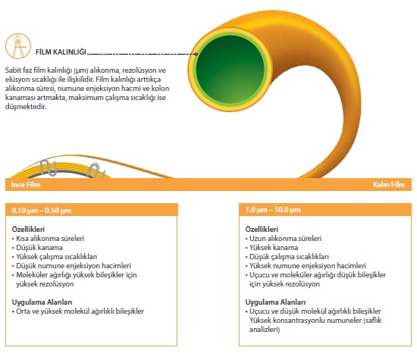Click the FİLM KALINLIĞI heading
pyautogui.click(x=61, y=52)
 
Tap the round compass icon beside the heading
pyautogui.click(x=18, y=45)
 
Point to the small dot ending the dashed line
pyautogui.click(x=196, y=55)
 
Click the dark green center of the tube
pyautogui.click(x=230, y=70)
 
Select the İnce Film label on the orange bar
pyautogui.click(x=26, y=184)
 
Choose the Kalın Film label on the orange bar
pyautogui.click(x=389, y=184)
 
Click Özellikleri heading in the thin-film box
pyautogui.click(x=28, y=229)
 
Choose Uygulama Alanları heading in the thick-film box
pyautogui.click(x=275, y=302)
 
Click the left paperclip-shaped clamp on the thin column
pyautogui.click(x=48, y=167)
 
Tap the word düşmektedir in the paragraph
pyautogui.click(x=26, y=107)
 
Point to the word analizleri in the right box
pyautogui.click(x=265, y=330)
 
